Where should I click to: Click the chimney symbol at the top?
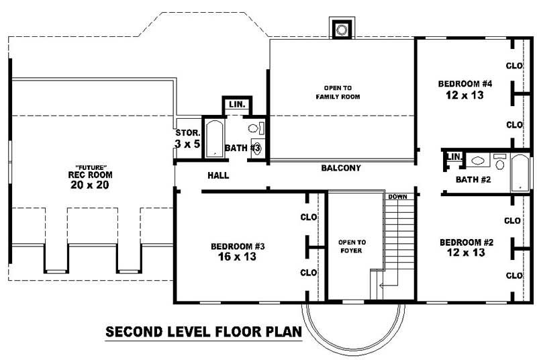click(x=342, y=29)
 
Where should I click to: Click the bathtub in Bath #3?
click(x=213, y=138)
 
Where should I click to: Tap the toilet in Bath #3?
click(x=255, y=128)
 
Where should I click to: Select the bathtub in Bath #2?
click(x=520, y=173)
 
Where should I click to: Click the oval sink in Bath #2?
click(x=478, y=161)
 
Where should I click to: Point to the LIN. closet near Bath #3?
click(x=236, y=105)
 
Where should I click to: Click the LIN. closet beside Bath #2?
click(x=454, y=157)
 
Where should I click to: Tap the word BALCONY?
click(x=341, y=168)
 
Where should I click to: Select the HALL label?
click(x=218, y=176)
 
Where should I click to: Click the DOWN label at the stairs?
click(x=397, y=197)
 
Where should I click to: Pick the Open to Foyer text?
click(x=352, y=247)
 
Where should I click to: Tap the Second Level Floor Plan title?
click(x=203, y=331)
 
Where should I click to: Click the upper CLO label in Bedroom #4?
click(x=514, y=66)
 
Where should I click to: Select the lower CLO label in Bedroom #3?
click(x=309, y=273)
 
